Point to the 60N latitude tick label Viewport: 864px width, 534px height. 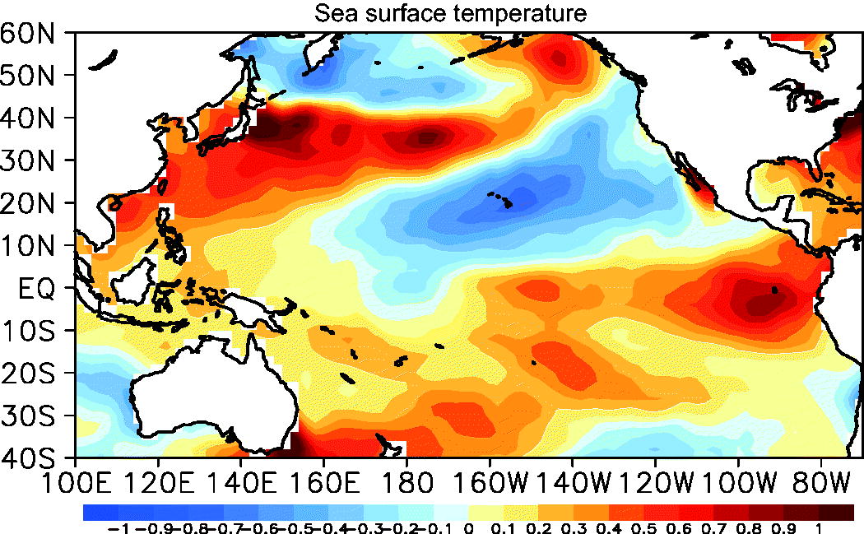[x=27, y=35]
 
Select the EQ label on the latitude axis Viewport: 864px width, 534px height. [x=37, y=289]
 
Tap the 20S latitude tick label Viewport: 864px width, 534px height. [x=28, y=374]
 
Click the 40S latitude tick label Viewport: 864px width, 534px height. [x=28, y=458]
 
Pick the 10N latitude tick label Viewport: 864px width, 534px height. [x=28, y=246]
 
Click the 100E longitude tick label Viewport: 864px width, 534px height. [x=77, y=484]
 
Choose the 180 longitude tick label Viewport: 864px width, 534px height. [x=407, y=484]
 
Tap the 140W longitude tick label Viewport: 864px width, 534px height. [x=574, y=484]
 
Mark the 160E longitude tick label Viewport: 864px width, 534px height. [x=325, y=484]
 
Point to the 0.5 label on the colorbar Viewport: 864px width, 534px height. [x=644, y=528]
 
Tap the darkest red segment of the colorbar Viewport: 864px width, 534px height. [x=837, y=513]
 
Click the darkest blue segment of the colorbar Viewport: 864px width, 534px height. [x=100, y=513]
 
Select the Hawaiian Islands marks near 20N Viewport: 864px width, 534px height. [x=500, y=199]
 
